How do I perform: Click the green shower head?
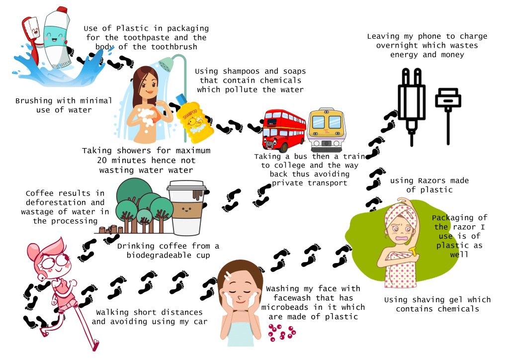pos(166,64)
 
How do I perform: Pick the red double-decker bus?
pos(284,130)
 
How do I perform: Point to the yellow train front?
pos(326,130)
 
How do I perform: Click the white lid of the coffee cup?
pos(186,185)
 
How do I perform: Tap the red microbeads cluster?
pos(282,333)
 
